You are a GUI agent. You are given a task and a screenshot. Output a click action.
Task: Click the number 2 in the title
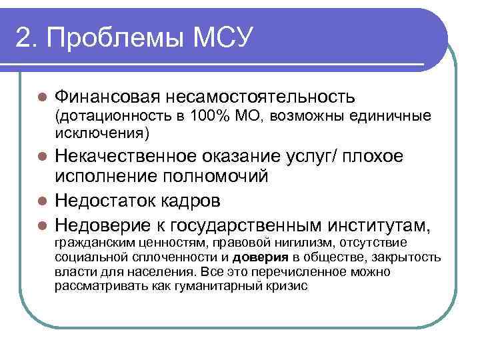23,39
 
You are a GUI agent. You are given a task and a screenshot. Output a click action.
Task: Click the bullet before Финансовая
41,97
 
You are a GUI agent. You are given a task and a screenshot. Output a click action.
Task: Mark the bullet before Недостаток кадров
41,200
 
